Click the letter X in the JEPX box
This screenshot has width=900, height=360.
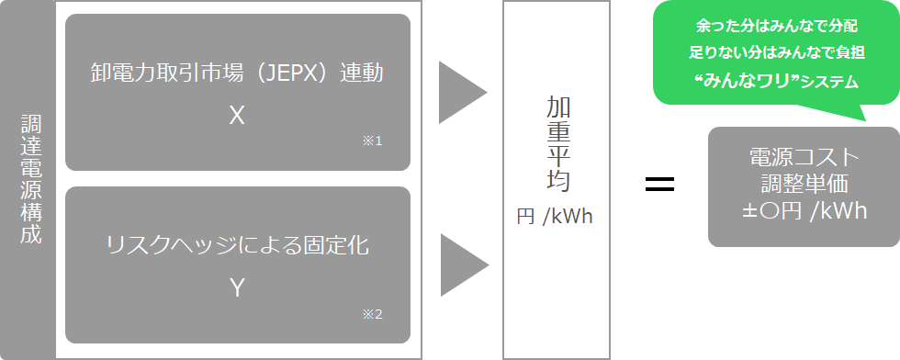click(237, 115)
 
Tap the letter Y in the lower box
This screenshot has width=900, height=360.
click(237, 287)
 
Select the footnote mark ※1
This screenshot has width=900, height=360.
click(372, 141)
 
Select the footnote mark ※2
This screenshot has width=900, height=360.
click(372, 314)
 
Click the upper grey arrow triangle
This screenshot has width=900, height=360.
click(460, 93)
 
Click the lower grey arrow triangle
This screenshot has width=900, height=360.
click(462, 265)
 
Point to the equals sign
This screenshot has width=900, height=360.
click(659, 183)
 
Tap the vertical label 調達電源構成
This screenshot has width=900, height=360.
click(31, 180)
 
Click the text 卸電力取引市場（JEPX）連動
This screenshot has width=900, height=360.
click(237, 73)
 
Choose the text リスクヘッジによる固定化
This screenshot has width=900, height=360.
click(237, 245)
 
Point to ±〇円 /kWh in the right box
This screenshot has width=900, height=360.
click(804, 210)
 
